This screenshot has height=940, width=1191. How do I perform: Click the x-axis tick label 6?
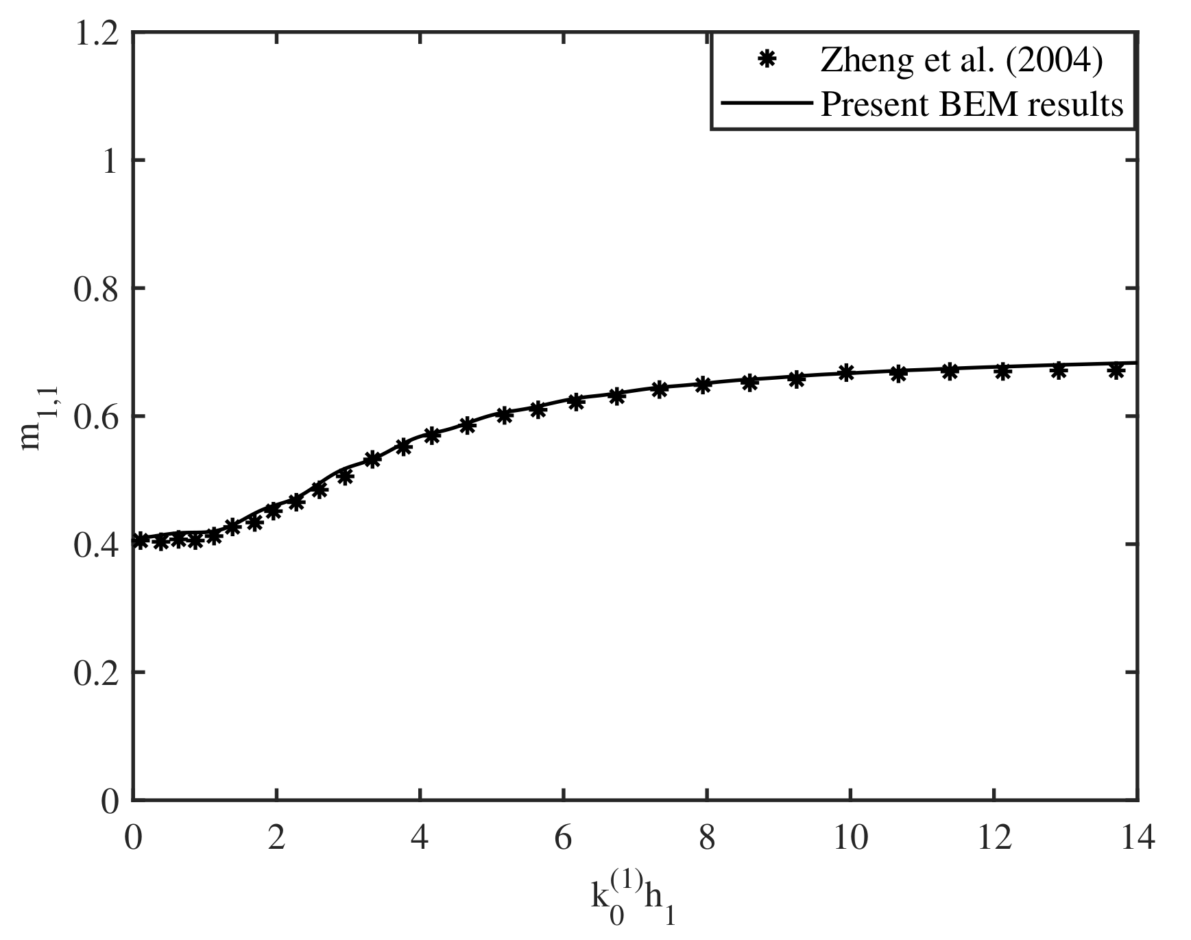click(563, 839)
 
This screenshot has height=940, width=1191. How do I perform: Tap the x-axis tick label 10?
click(850, 839)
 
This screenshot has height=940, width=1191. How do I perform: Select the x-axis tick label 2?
click(276, 839)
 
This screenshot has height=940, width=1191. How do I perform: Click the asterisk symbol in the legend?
click(766, 61)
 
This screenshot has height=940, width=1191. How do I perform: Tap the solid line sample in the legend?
click(766, 104)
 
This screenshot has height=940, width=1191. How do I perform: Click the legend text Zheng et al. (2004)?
click(961, 62)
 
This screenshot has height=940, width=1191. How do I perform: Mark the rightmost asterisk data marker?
click(1116, 371)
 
